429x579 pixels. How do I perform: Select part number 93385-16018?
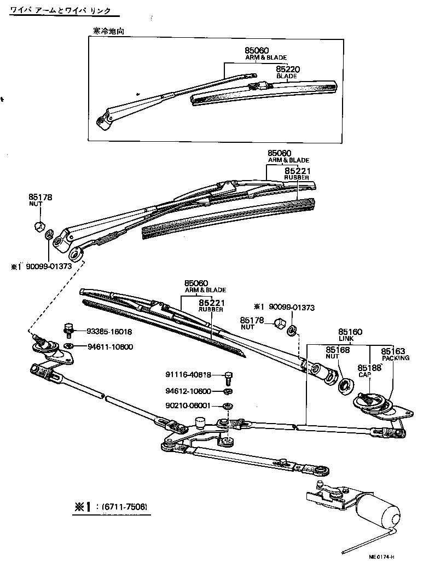(x=109, y=332)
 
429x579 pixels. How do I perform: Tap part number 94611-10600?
(x=109, y=347)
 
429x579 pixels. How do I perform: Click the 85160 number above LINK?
(x=351, y=332)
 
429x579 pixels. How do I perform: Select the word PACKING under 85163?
(x=395, y=358)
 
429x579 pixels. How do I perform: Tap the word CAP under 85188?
(x=364, y=375)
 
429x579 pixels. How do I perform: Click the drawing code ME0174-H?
(x=381, y=557)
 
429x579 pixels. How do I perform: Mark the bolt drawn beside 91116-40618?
(x=228, y=377)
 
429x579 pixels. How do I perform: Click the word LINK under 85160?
(x=346, y=340)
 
